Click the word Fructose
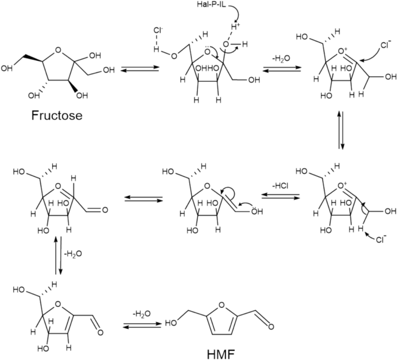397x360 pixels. point(56,115)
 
